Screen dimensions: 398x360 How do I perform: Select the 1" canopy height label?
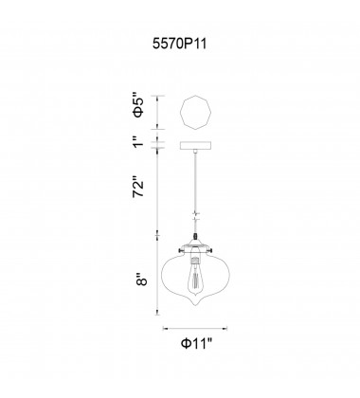pyautogui.click(x=138, y=144)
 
